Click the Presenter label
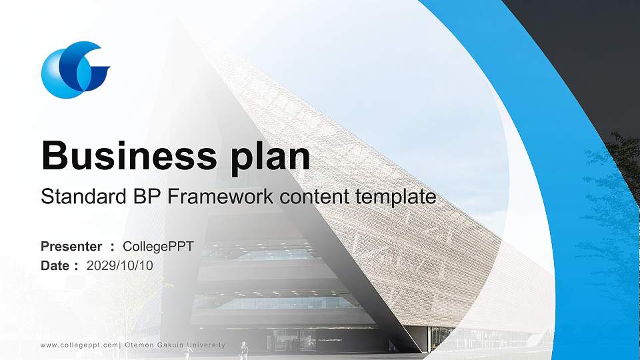71,247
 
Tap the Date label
55,265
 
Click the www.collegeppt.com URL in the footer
79,345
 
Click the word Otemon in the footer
138,345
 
